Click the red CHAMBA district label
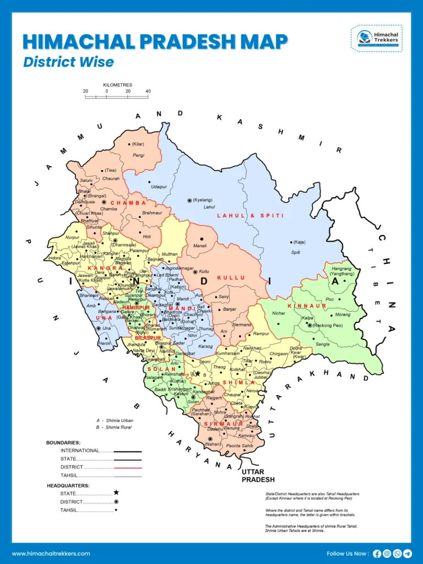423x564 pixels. tap(128, 203)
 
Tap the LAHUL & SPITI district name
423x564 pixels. tap(250, 215)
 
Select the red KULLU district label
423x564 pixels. tap(231, 278)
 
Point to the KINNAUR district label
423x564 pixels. tap(303, 305)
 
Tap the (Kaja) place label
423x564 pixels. tap(299, 242)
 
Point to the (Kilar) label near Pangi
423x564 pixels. tap(138, 144)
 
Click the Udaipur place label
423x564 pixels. tap(159, 187)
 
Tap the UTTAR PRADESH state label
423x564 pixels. tap(258, 476)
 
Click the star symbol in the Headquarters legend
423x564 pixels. tap(116, 492)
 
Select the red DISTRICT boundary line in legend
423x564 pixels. tap(128, 467)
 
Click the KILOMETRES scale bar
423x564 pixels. tap(117, 97)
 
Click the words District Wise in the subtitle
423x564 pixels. tap(68, 62)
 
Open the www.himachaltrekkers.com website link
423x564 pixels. tap(51, 553)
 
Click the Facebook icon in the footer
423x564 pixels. tap(377, 554)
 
